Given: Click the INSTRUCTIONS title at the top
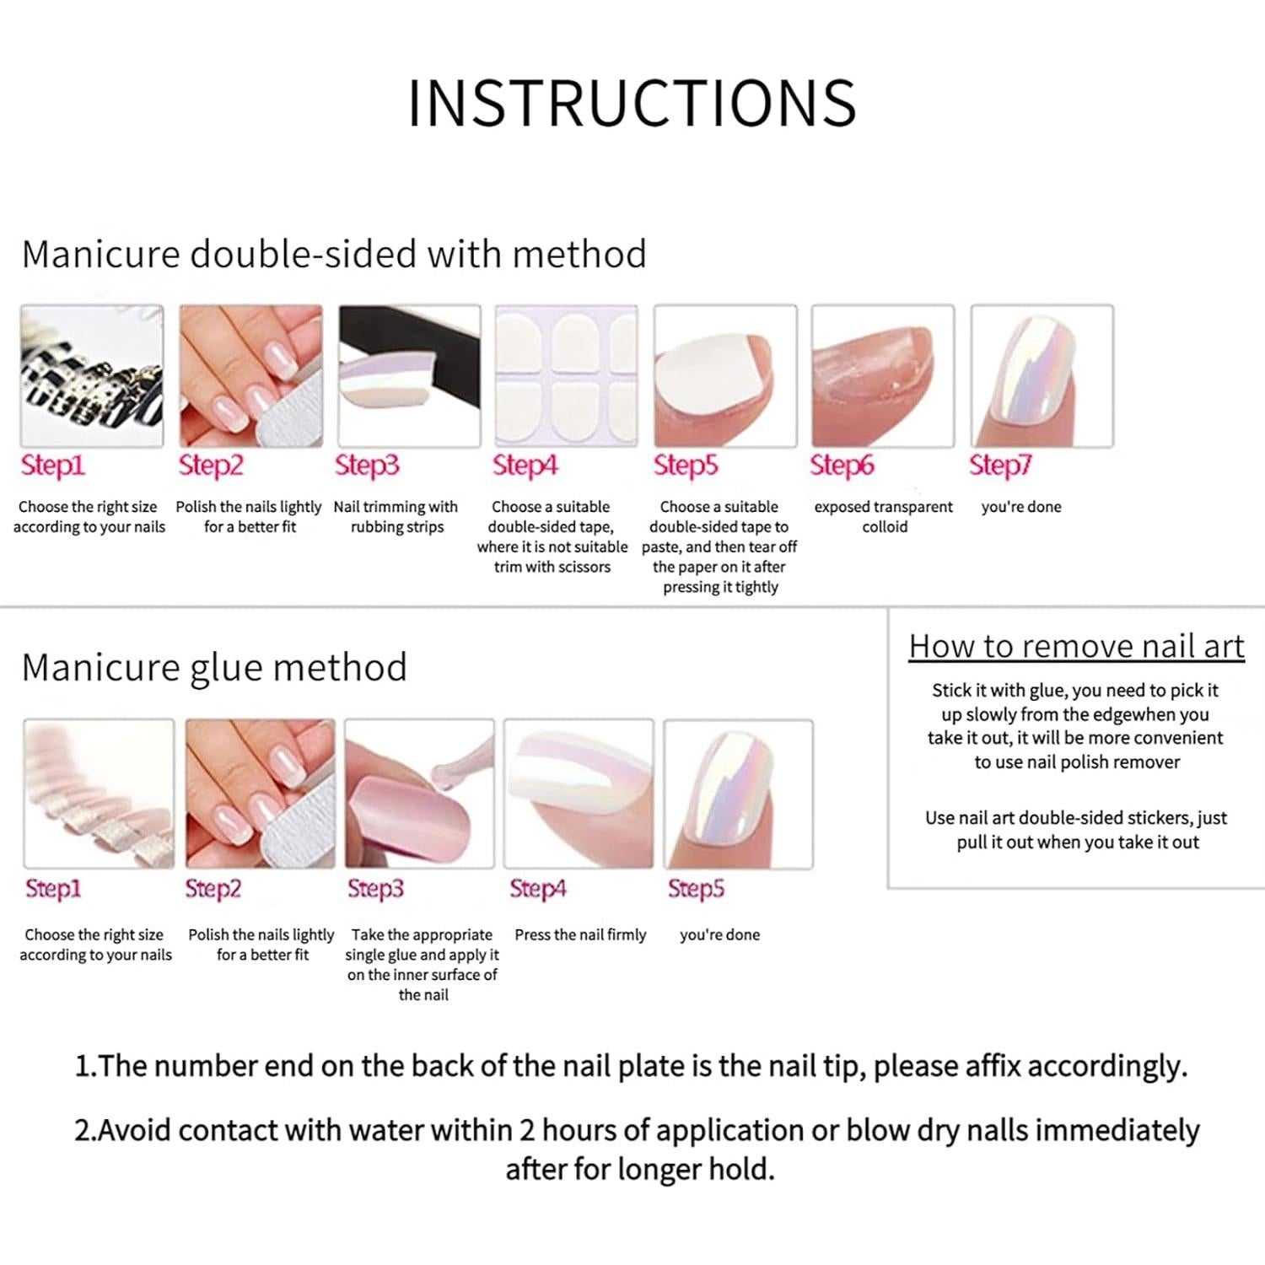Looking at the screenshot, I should [x=632, y=104].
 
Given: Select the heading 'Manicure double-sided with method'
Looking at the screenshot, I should [x=334, y=254].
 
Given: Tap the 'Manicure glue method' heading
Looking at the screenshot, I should [x=214, y=667].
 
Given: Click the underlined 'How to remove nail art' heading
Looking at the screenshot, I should [x=1076, y=646].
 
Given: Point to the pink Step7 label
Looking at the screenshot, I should [x=1000, y=465].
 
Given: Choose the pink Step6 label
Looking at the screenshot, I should [x=842, y=465].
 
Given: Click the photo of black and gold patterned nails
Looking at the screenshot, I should [x=92, y=376].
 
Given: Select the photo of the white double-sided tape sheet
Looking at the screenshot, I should [x=566, y=376].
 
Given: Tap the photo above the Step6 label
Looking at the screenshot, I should [x=883, y=376].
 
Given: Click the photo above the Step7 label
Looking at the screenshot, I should [x=1042, y=376].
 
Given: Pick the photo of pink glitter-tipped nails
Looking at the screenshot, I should [x=99, y=794].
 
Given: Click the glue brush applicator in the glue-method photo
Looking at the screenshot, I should [x=455, y=767].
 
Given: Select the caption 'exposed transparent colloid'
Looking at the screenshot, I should [x=883, y=516].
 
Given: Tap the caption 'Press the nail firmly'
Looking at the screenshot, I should [x=580, y=934].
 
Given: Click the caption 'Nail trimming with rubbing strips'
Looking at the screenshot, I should [x=396, y=516].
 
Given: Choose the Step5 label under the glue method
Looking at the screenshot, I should [x=696, y=888].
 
